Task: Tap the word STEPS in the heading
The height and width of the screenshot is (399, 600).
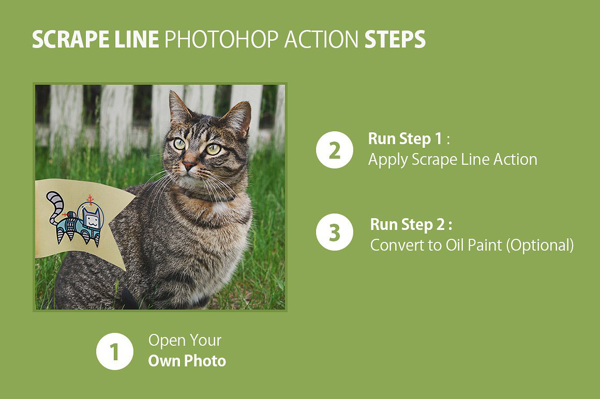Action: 395,40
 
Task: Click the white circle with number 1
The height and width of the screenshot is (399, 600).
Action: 115,351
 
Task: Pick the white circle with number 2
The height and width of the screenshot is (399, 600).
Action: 335,150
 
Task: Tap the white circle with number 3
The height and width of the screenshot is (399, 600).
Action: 335,232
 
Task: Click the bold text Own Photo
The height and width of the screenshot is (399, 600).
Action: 187,360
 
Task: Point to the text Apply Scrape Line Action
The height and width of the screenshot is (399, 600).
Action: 453,160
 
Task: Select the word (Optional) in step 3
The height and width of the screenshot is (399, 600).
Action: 540,244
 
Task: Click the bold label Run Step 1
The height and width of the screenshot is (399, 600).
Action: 406,139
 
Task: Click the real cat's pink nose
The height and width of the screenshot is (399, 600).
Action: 189,166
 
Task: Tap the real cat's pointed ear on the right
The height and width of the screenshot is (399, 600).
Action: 239,116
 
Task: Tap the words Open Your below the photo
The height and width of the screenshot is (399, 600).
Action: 185,341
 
